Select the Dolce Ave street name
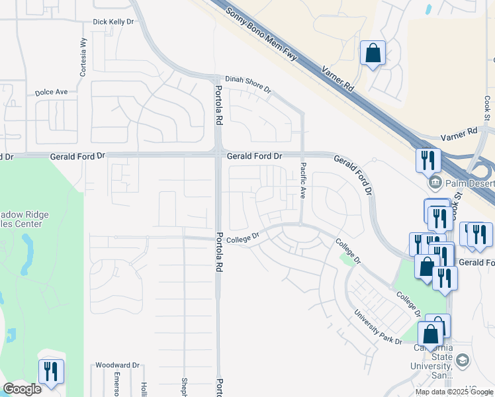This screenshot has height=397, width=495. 52,92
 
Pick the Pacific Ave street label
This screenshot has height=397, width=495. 303,181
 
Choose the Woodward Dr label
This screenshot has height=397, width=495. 117,365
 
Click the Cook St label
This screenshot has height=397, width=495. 486,108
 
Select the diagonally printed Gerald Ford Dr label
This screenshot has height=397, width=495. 353,174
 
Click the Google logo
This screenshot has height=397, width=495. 22,389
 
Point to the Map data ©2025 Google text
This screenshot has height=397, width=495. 455,392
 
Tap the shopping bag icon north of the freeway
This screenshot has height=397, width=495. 373,52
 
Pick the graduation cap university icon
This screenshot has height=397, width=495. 462,360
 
